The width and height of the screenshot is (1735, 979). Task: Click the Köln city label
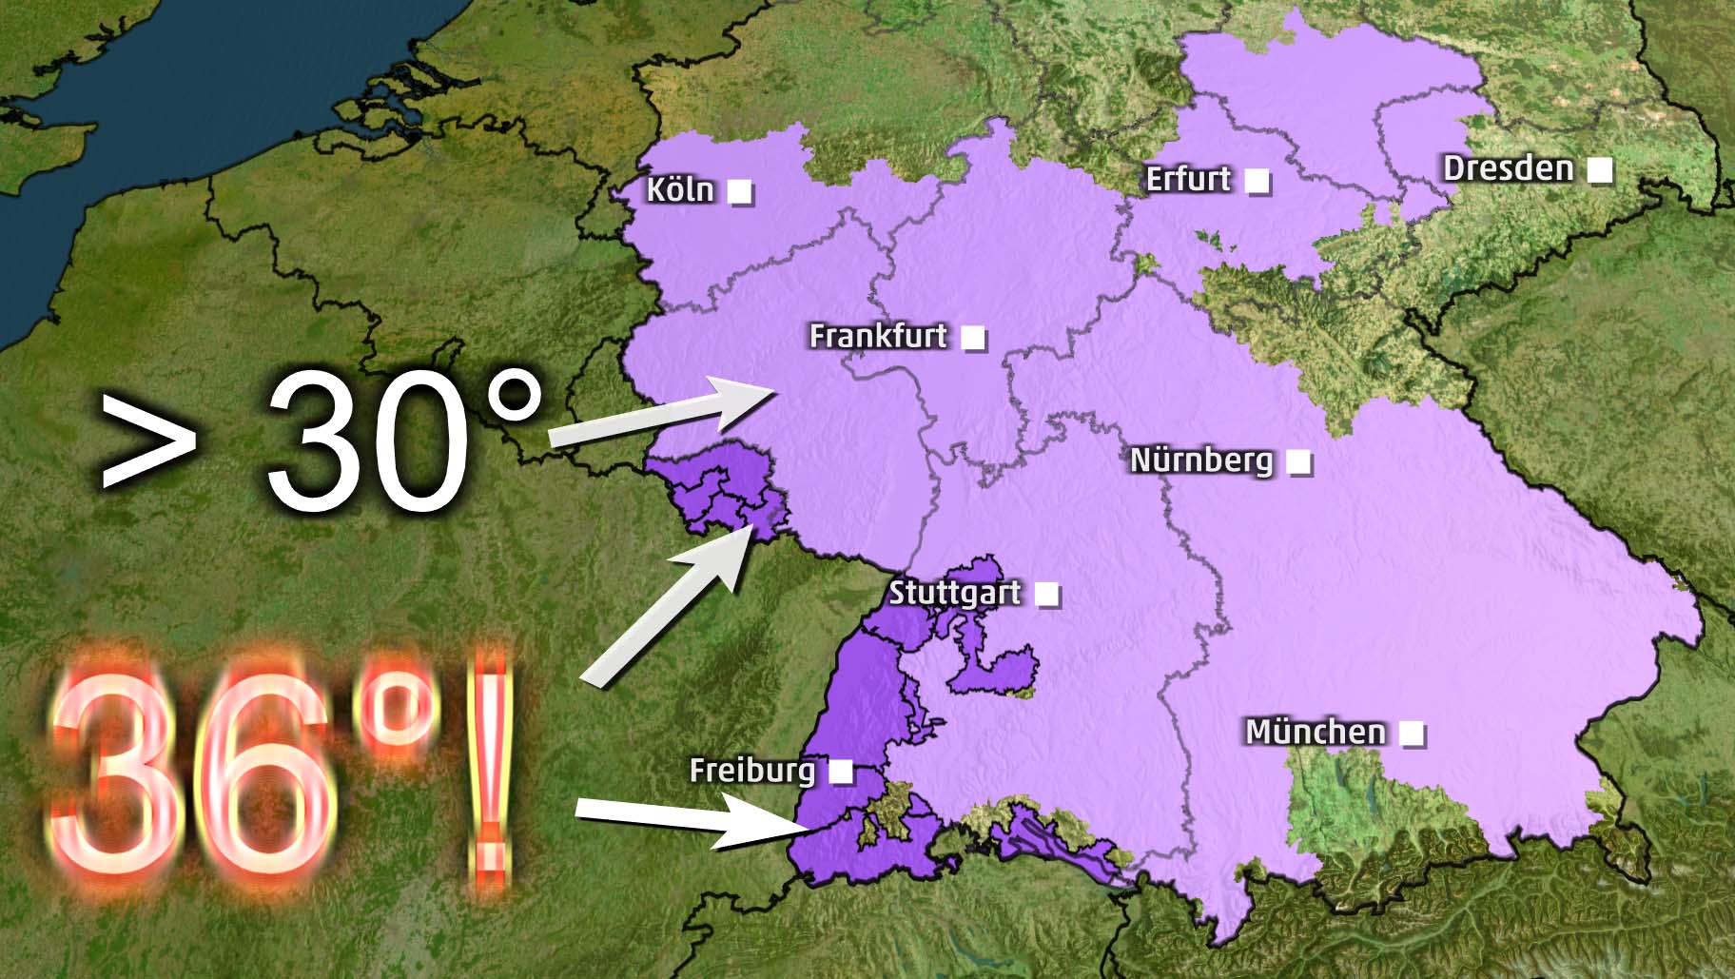point(679,189)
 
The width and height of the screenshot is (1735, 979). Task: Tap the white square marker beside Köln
point(740,191)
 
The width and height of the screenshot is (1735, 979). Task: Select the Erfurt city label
point(1188,179)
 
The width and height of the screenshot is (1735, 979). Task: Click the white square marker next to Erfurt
point(1257,180)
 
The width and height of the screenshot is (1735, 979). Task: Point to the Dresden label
point(1508,168)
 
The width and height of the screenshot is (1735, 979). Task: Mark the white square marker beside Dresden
point(1600,169)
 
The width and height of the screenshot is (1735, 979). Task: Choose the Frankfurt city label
point(878,336)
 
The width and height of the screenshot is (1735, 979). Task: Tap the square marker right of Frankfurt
point(973,337)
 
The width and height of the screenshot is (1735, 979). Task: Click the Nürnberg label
point(1200,460)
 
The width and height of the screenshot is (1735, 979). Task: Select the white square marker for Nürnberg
point(1298,462)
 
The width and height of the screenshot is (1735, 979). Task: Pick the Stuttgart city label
point(954,593)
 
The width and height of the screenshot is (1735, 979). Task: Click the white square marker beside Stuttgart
point(1046,595)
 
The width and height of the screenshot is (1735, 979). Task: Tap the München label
point(1316,732)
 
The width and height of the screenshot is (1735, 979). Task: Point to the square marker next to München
point(1412,734)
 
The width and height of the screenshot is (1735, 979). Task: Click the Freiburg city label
point(751,770)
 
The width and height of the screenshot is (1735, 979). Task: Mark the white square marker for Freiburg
point(841,771)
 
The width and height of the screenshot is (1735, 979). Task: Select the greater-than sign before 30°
point(147,440)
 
